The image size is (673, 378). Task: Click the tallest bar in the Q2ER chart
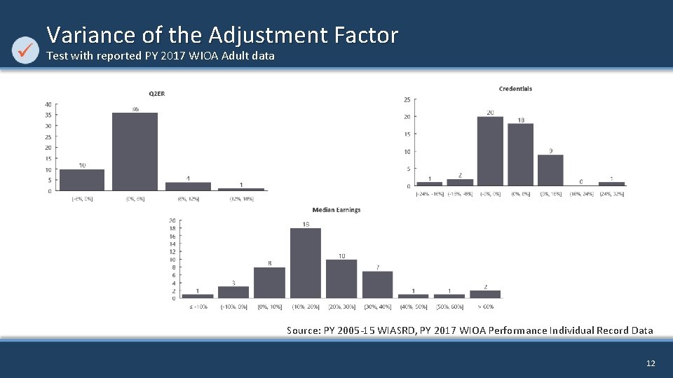135,151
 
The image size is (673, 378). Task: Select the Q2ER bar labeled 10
82,180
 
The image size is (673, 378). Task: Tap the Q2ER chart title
156,93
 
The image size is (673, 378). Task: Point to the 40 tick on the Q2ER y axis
48,104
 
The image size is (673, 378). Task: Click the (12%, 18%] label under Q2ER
241,199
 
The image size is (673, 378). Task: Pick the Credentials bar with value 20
490,150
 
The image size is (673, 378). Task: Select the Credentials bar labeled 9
550,170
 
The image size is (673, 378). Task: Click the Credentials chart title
515,89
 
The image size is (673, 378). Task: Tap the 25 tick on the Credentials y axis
407,99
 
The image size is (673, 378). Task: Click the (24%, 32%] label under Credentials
611,194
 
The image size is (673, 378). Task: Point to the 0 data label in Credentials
580,181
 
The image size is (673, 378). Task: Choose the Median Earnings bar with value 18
306,262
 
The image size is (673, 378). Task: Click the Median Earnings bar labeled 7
377,284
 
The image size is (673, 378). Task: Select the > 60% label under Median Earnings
485,307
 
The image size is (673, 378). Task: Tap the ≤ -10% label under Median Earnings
198,307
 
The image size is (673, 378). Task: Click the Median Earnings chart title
336,210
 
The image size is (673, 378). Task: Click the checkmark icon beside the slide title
26,49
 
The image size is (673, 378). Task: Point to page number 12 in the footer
651,363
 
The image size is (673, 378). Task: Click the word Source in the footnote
303,330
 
